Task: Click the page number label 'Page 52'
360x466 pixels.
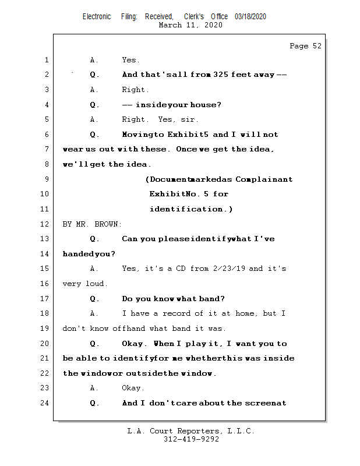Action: coord(305,46)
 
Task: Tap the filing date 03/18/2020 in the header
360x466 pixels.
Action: coord(250,17)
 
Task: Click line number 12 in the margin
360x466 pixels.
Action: coord(46,224)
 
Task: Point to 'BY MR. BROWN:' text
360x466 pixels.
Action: coord(93,224)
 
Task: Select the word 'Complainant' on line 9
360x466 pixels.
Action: coord(264,179)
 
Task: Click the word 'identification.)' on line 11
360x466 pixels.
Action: coord(191,209)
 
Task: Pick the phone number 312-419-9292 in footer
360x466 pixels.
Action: coord(191,439)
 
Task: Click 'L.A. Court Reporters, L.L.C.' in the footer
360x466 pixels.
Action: coord(191,431)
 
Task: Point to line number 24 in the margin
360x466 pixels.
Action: coord(46,403)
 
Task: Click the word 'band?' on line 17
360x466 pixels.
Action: coord(212,299)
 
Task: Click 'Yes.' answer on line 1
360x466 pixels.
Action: coord(130,60)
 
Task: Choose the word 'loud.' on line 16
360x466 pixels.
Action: coord(97,284)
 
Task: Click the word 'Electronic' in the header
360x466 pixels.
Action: coord(97,17)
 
